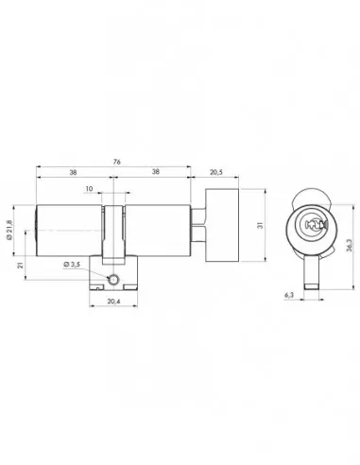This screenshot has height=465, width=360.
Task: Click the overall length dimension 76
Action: pos(116,162)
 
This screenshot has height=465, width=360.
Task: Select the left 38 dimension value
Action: pos(73,172)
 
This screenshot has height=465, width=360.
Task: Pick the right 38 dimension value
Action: pos(156,172)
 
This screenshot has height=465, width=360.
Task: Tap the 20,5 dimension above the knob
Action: pos(216,172)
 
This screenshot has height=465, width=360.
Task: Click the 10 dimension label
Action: pos(89,189)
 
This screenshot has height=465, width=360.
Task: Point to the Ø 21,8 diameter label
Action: pos(9,230)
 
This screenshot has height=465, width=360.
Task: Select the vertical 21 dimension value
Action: pos(21,266)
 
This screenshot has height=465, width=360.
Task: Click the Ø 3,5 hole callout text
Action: pos(72,265)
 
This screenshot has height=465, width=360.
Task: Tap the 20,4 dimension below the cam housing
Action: pos(113,301)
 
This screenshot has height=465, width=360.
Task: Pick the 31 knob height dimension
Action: pos(260,225)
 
